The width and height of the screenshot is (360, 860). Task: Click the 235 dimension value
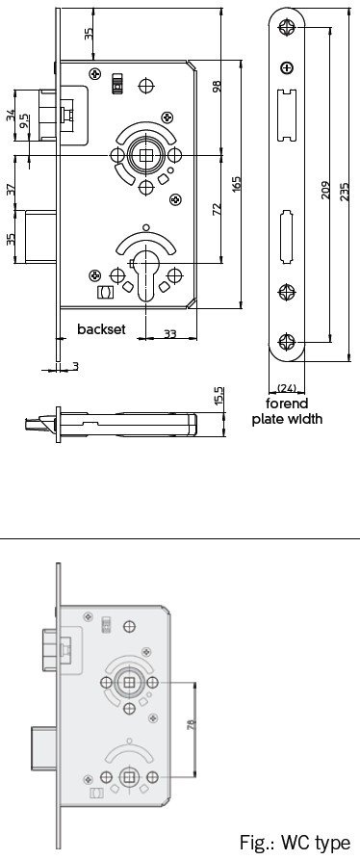click(x=344, y=192)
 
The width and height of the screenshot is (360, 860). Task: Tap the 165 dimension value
click(x=236, y=184)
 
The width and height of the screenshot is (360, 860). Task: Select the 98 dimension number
click(x=217, y=86)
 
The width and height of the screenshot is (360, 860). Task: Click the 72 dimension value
click(x=217, y=209)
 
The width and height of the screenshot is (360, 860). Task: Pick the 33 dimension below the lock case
click(x=170, y=333)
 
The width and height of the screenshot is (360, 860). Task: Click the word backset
click(x=101, y=329)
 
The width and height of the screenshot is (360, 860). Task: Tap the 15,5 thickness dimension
click(x=219, y=396)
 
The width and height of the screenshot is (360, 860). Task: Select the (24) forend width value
click(x=287, y=388)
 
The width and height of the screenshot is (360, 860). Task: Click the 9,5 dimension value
click(x=24, y=121)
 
